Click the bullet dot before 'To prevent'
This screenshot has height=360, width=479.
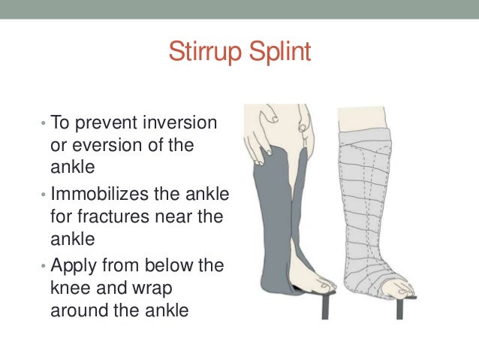pyautogui.click(x=44, y=123)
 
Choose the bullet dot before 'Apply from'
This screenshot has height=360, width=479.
pyautogui.click(x=44, y=267)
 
